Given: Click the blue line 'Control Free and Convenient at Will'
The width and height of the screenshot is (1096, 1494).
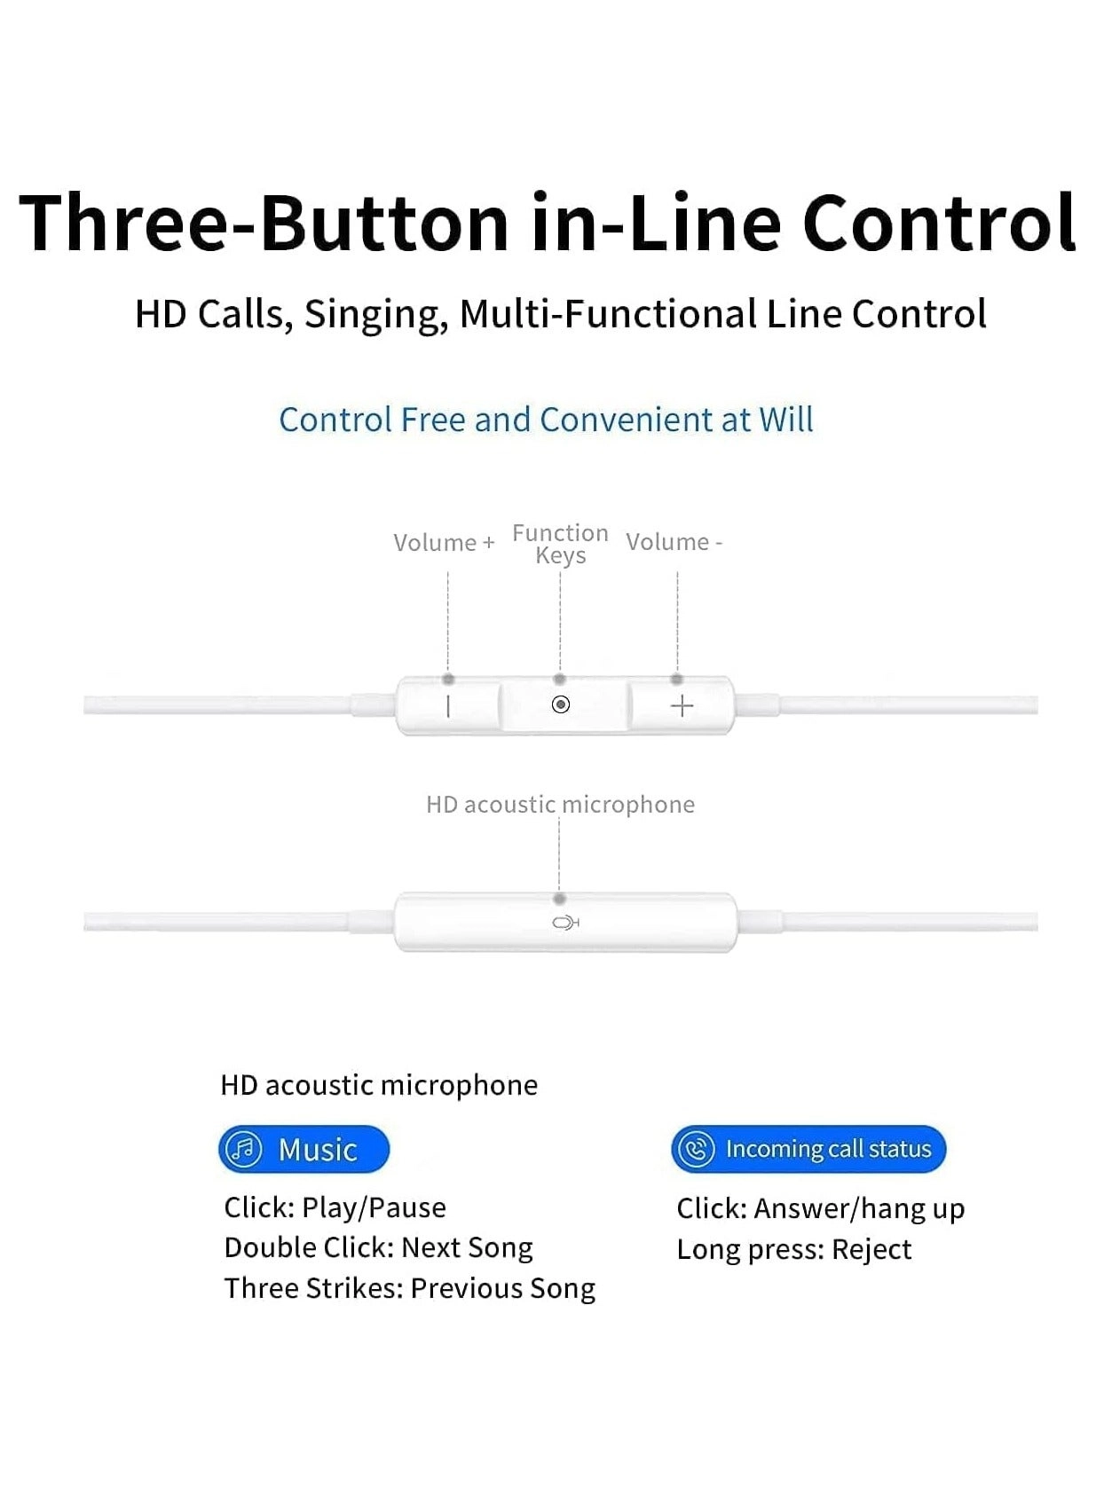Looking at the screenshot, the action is coord(547,420).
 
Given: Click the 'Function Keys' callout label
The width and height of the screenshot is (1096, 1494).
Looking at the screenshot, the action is coord(560,544).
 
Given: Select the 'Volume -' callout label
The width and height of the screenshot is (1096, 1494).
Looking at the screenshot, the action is coord(674,541).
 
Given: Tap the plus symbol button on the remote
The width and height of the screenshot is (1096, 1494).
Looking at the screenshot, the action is coord(682,705).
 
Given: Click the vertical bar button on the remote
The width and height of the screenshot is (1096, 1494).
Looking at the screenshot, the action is coord(448,705).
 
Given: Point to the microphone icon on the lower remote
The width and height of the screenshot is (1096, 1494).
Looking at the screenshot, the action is coord(565,923).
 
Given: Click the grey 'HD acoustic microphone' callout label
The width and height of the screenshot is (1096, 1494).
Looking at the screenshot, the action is coord(560,805).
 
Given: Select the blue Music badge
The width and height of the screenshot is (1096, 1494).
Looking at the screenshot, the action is coord(304,1149).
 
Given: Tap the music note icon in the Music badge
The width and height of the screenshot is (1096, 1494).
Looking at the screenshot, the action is coord(244,1149).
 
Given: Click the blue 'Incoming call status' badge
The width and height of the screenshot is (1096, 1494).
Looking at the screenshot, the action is coord(808,1149).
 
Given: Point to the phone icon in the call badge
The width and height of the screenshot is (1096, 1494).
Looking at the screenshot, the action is coord(697,1149).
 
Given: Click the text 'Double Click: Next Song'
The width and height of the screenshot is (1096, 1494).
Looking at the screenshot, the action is coord(378,1247).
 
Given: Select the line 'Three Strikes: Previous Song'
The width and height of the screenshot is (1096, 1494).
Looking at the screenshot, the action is coord(410,1288).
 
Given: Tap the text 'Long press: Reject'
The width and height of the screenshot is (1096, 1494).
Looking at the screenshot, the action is coord(793,1249).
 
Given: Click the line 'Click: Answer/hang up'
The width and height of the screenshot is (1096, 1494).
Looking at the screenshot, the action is coord(821,1208).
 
